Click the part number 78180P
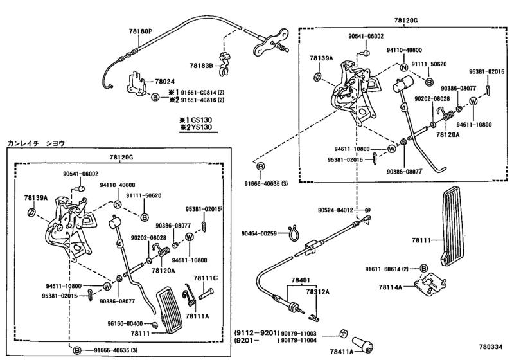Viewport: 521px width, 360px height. (141, 32)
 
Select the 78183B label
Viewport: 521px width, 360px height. (201, 66)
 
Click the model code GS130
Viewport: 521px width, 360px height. (201, 120)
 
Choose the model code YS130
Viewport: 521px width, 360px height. (201, 127)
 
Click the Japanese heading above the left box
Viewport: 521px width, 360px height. (36, 143)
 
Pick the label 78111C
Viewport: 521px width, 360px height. (206, 278)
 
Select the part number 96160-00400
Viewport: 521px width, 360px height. (125, 323)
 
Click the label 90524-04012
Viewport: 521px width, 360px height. (335, 210)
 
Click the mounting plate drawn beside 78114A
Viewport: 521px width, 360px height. (430, 284)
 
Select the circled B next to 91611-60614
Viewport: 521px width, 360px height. (423, 269)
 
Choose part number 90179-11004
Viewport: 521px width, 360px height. (299, 340)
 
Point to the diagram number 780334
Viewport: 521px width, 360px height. (491, 347)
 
